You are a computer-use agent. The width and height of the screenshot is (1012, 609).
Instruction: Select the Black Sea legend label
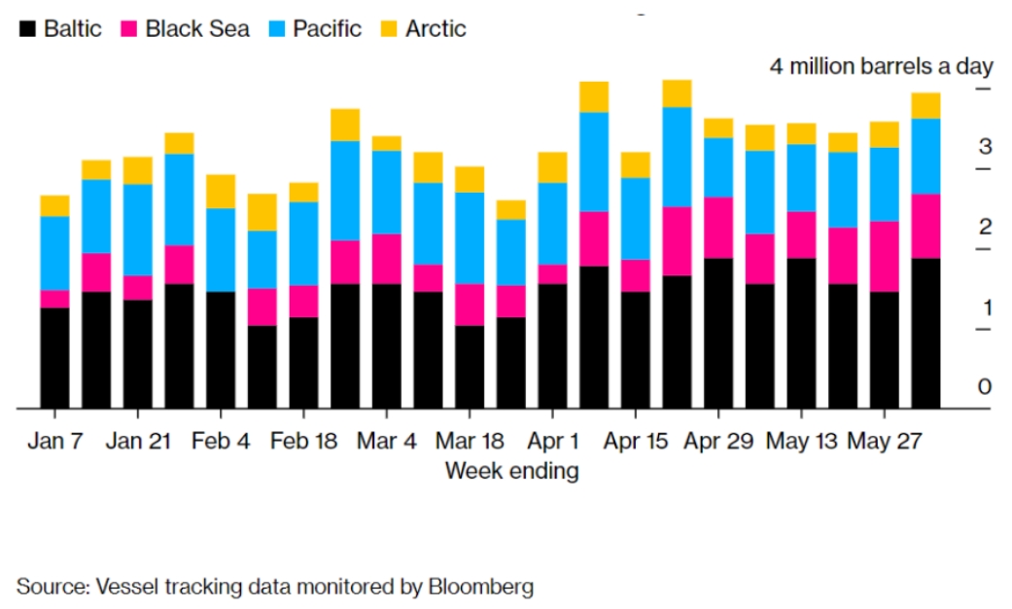tap(197, 29)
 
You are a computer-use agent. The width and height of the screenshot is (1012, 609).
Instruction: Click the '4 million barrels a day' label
tap(882, 66)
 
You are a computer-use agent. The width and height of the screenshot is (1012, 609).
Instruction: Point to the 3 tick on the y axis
tap(984, 148)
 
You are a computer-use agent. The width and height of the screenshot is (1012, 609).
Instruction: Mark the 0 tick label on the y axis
tap(984, 387)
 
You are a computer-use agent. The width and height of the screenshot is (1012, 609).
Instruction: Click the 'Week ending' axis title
tap(511, 472)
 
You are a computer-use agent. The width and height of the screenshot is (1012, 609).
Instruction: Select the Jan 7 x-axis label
tap(55, 441)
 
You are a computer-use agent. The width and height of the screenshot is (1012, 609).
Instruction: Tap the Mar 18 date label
tap(470, 441)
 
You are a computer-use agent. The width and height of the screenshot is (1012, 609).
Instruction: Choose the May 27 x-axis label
tap(884, 441)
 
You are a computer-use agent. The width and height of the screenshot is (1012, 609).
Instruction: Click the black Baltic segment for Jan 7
tap(55, 358)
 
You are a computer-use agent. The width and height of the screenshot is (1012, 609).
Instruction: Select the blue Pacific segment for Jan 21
tap(138, 230)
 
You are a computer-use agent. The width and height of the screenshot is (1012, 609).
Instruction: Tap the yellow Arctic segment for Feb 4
tap(221, 192)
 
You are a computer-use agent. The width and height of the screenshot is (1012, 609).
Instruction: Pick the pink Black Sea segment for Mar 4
tap(387, 259)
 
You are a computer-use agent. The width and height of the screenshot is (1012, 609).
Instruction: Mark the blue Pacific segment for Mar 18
tap(470, 237)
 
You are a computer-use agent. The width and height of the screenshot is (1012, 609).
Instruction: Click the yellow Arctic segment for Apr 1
tap(552, 167)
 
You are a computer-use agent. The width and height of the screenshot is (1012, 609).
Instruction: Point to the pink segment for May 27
tap(884, 256)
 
